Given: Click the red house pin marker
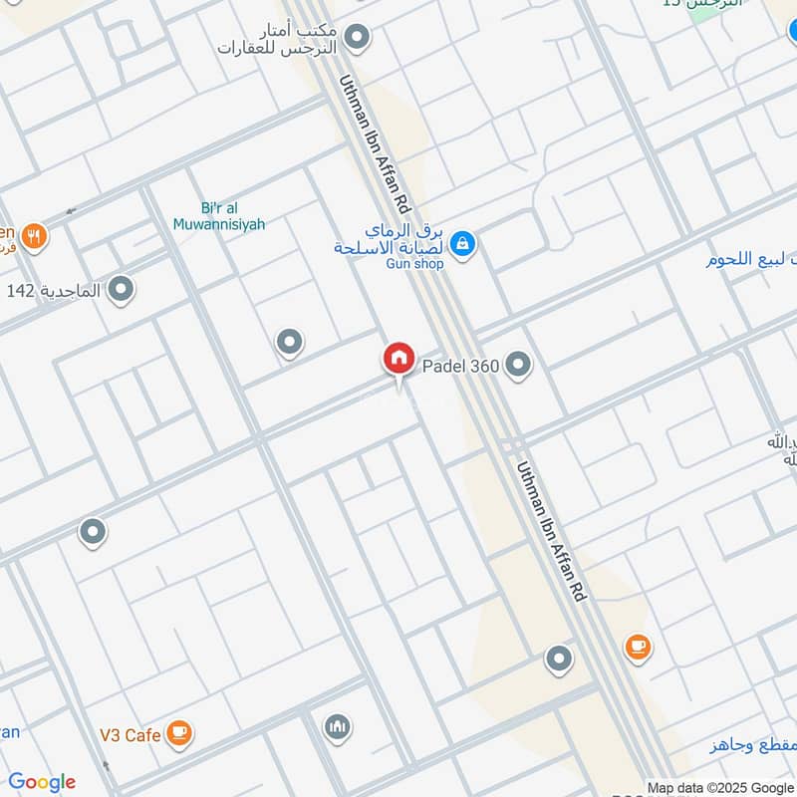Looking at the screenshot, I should coord(398,359).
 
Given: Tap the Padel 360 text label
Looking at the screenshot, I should coord(461,367).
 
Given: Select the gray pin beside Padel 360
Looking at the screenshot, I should coord(517,366).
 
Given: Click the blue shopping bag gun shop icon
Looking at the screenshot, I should coord(462,242).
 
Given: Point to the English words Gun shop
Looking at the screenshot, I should coord(414,264).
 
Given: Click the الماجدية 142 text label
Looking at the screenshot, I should coord(54,291).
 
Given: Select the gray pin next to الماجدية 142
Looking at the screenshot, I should coord(122,290).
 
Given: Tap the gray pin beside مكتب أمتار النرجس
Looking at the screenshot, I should coord(357,39).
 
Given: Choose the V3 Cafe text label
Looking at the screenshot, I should coord(130,735).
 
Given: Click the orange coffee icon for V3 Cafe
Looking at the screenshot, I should coord(179,733).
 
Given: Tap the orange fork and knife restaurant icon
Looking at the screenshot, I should coord(35,237).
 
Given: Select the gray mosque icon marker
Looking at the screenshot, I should coord(338,727).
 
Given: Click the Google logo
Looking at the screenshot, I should coord(42,782).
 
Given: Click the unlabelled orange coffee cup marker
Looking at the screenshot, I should coord(638,648).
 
